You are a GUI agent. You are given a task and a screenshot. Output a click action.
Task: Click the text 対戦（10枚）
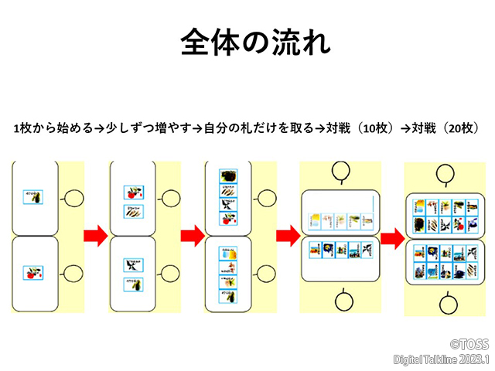click(x=358, y=128)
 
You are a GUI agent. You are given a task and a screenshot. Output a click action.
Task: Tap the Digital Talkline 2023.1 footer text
click(x=442, y=360)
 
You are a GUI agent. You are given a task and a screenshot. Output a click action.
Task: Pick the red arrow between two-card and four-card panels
click(x=192, y=233)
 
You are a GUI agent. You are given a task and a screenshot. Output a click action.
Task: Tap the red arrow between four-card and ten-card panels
click(x=288, y=233)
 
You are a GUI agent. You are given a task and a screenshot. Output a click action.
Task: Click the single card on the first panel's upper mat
click(x=32, y=197)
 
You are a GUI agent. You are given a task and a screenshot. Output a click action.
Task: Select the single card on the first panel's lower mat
click(x=32, y=272)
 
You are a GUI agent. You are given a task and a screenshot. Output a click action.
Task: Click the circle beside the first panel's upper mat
click(x=73, y=198)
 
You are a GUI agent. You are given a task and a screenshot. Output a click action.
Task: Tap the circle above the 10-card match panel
click(x=340, y=171)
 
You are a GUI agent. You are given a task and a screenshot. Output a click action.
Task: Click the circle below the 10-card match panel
click(x=340, y=300)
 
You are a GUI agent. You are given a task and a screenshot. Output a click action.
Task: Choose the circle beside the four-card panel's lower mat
click(x=265, y=273)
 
